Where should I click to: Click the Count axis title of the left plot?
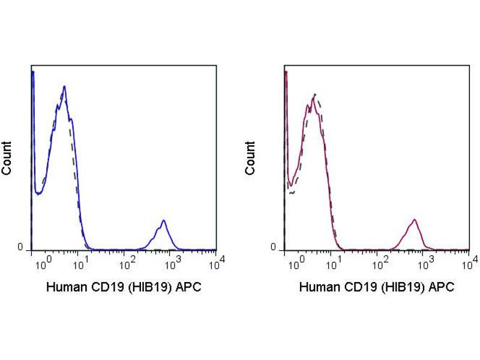pyautogui.click(x=7, y=158)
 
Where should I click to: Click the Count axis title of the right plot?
pyautogui.click(x=250, y=158)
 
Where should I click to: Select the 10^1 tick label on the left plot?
pyautogui.click(x=83, y=262)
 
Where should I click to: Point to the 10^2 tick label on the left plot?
pyautogui.click(x=128, y=262)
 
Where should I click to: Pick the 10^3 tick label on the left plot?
pyautogui.click(x=173, y=262)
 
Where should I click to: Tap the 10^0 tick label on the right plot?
pyautogui.click(x=290, y=262)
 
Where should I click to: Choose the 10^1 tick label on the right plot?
pyautogui.click(x=336, y=262)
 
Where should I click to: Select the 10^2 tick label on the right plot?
pyautogui.click(x=381, y=262)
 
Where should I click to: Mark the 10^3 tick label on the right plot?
pyautogui.click(x=426, y=262)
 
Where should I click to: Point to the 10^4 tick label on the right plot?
pyautogui.click(x=471, y=260)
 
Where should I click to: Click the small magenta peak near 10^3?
pyautogui.click(x=414, y=220)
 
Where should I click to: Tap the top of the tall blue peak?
pyautogui.click(x=64, y=86)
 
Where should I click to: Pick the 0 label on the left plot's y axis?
pyautogui.click(x=20, y=247)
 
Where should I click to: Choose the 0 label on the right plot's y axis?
pyautogui.click(x=274, y=247)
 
